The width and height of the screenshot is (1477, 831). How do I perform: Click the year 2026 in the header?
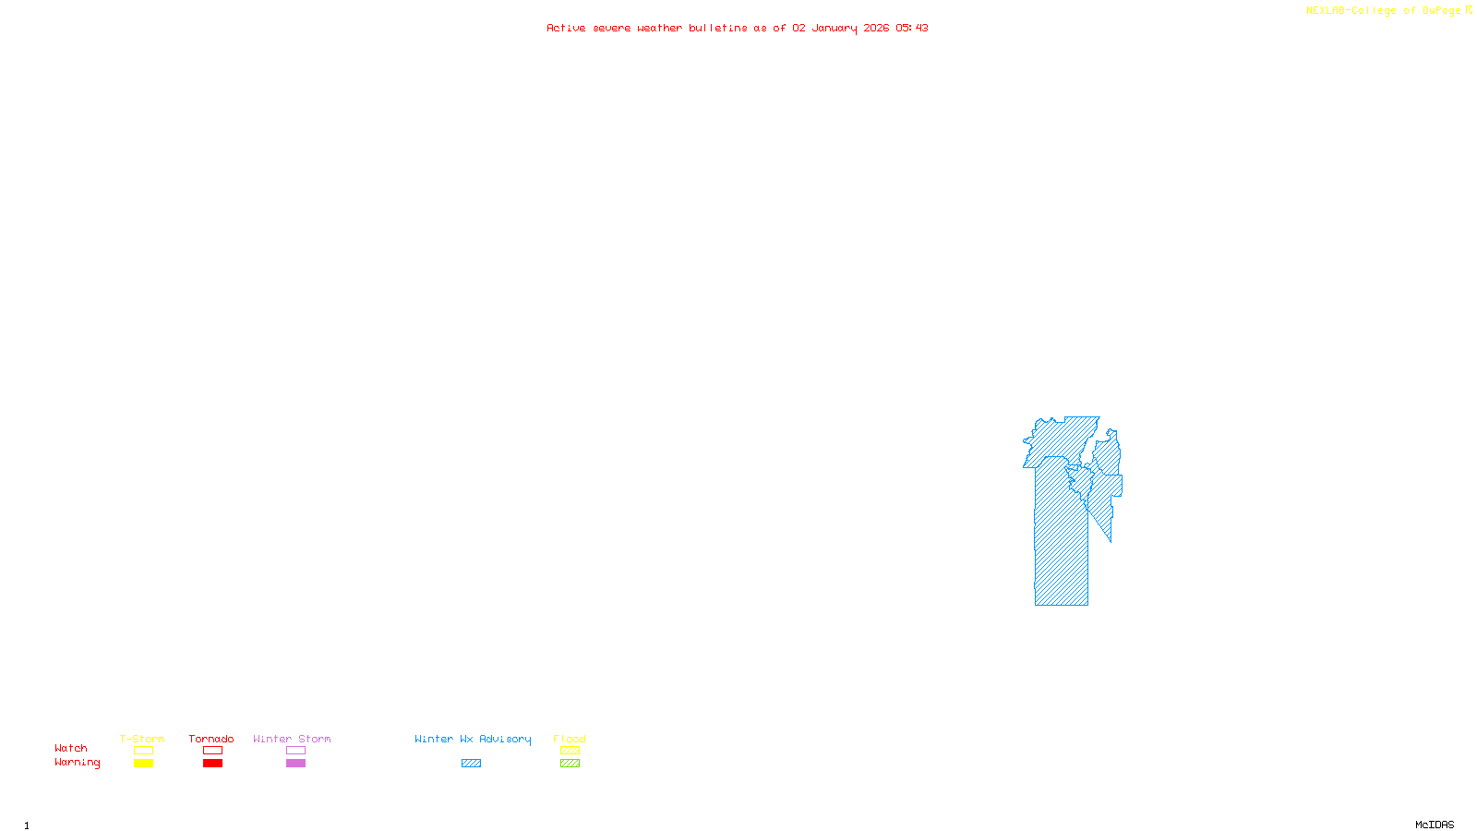pos(876,29)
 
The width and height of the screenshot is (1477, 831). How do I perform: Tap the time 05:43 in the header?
pos(912,29)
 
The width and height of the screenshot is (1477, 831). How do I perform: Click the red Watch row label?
pos(71,749)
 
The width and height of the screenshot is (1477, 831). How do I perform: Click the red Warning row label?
pos(77,763)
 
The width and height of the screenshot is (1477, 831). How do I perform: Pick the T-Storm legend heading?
pos(142,739)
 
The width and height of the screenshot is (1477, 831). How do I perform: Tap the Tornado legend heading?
pos(211,739)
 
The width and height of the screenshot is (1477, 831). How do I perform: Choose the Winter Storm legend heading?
pos(292,739)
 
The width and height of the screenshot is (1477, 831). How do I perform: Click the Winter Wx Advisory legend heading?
pos(473,739)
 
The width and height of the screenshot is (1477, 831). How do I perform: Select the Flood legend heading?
pos(570,739)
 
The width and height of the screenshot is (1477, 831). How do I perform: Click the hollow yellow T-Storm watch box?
pos(143,751)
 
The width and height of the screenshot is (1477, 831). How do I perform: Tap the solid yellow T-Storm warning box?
pos(143,764)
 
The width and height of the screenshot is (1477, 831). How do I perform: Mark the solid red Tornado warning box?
pos(213,764)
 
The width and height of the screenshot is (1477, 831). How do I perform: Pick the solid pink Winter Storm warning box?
pos(295,764)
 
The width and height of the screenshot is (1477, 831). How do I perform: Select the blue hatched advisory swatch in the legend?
pos(471,764)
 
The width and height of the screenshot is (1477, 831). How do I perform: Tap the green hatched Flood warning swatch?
pos(570,764)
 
